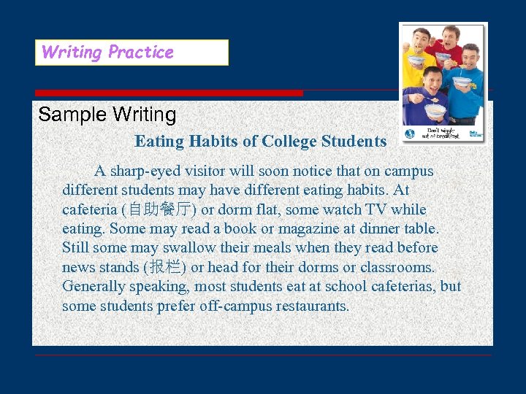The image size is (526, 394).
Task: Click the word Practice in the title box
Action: point(140,53)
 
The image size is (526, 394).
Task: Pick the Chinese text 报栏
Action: point(169,267)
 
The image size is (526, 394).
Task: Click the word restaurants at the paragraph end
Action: point(313,306)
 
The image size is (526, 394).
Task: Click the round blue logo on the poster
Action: point(411,134)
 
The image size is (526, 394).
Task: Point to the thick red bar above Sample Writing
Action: point(169,93)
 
